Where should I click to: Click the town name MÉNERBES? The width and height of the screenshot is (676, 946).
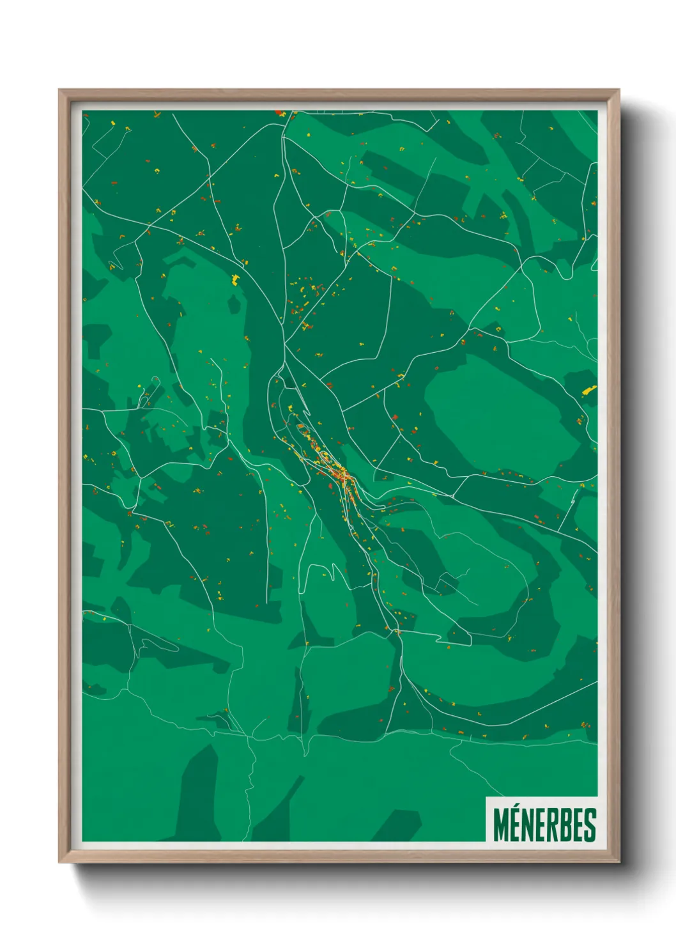(x=544, y=825)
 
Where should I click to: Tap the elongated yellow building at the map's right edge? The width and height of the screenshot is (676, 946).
(x=588, y=390)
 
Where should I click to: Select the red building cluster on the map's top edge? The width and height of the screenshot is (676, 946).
(x=279, y=113)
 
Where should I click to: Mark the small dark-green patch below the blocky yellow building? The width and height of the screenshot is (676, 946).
(x=234, y=304)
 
